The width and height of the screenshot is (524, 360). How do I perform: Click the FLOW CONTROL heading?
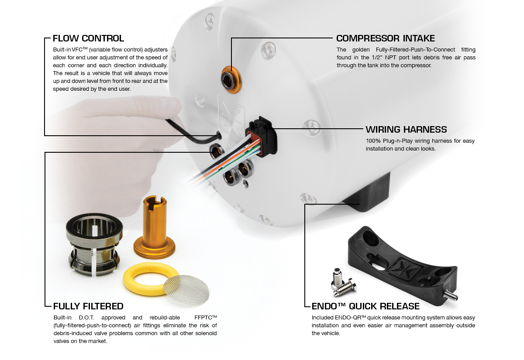[x=88, y=38]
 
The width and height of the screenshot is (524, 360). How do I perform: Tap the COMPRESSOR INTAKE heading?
[x=385, y=38]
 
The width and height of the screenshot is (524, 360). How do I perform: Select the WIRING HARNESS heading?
[x=406, y=130]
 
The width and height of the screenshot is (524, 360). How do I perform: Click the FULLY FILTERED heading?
[x=88, y=306]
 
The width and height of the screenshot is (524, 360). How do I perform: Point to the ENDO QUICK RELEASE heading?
[x=365, y=306]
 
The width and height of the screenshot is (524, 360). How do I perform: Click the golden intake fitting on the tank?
[x=231, y=80]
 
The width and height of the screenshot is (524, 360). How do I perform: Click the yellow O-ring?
[x=150, y=279]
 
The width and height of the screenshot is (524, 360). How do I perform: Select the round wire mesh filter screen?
[x=186, y=290]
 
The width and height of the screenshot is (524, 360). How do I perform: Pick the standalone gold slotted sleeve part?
[x=155, y=228]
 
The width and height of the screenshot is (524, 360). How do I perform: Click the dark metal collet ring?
[x=94, y=245]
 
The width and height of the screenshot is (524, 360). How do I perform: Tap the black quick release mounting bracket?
[x=403, y=267]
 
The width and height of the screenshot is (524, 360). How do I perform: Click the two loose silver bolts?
[x=343, y=283]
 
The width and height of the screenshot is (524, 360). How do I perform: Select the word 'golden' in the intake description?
[x=361, y=50]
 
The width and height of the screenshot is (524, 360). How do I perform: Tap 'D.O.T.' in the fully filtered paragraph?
[x=86, y=318]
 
